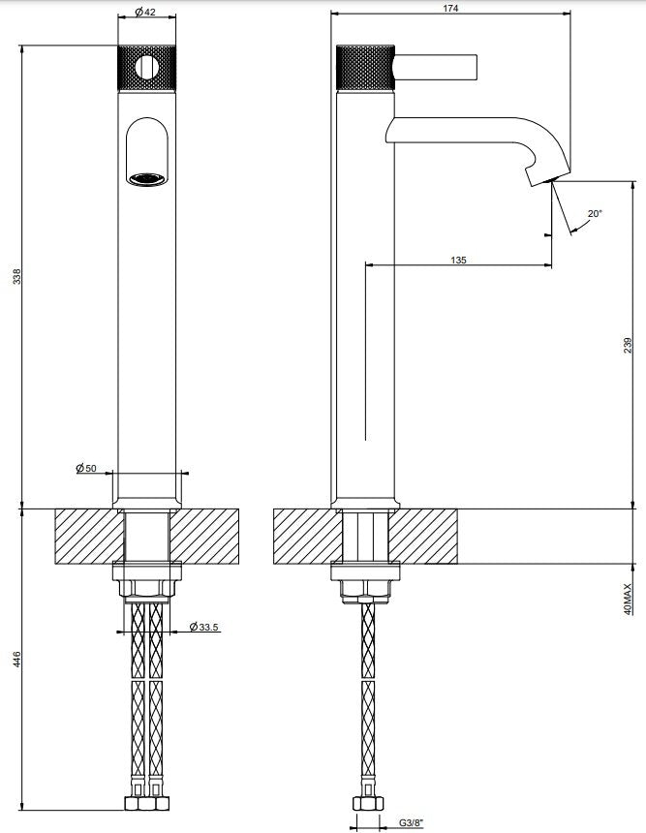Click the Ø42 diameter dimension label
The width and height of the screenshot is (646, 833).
click(145, 12)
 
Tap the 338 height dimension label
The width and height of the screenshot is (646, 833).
click(17, 277)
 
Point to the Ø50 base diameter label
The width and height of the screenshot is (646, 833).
click(86, 468)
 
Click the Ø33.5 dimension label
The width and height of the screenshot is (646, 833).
click(203, 627)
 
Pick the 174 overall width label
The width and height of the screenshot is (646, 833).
click(450, 8)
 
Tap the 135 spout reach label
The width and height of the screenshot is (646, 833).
click(458, 260)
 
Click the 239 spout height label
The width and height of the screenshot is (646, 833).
click(629, 346)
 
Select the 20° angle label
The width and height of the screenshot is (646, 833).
click(595, 213)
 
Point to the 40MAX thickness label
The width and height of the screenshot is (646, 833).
click(629, 600)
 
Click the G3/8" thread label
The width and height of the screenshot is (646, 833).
click(412, 823)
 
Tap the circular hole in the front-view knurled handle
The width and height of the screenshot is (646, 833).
click(147, 68)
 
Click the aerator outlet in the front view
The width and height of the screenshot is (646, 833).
click(146, 179)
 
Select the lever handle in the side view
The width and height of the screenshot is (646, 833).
click(436, 68)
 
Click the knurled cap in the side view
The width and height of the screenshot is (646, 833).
click(365, 68)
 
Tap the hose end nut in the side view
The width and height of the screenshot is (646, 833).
click(367, 802)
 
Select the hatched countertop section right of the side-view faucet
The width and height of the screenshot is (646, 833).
click(423, 536)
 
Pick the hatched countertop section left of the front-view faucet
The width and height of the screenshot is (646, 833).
click(89, 536)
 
